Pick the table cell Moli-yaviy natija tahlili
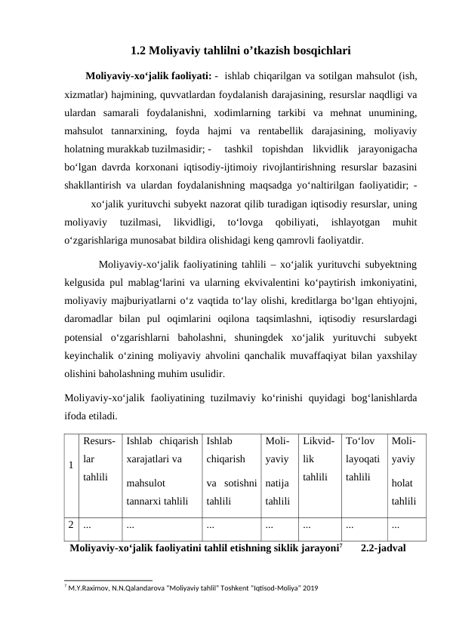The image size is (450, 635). pyautogui.click(x=276, y=468)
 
